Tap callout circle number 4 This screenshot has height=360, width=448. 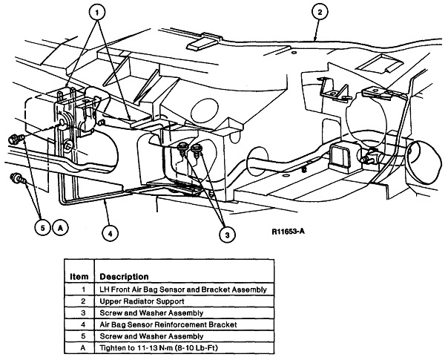[110, 232]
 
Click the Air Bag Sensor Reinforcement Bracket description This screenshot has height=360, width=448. [171, 324]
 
